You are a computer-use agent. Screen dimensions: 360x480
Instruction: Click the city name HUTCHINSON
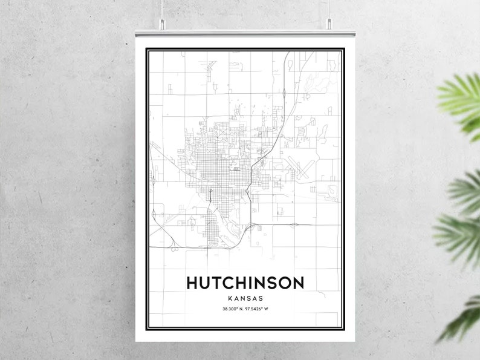[x=245, y=283]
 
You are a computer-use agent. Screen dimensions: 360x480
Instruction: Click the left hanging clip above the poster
[x=162, y=24]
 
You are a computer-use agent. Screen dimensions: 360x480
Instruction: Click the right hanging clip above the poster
[x=329, y=24]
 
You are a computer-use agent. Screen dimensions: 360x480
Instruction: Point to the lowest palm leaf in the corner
[x=463, y=318]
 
